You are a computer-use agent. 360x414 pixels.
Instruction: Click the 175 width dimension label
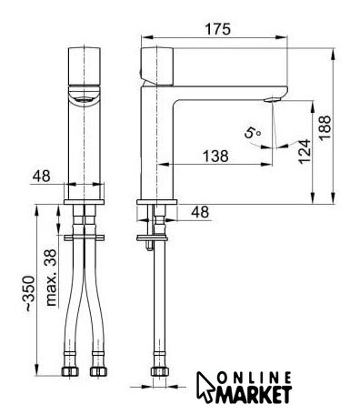[x=218, y=29]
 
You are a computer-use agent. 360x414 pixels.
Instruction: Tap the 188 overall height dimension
[x=325, y=127]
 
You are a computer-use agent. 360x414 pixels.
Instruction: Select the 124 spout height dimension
[x=305, y=151]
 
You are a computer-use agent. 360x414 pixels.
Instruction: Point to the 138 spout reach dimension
[x=215, y=156]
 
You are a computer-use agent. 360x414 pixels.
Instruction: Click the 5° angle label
[x=253, y=133]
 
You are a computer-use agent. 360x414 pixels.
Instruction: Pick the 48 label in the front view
[x=42, y=176]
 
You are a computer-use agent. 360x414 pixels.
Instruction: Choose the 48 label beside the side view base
[x=200, y=212]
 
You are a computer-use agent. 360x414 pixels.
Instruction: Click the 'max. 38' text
[x=52, y=278]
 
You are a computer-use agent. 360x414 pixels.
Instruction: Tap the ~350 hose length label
[x=30, y=293]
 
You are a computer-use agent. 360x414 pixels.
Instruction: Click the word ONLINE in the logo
[x=255, y=379]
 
